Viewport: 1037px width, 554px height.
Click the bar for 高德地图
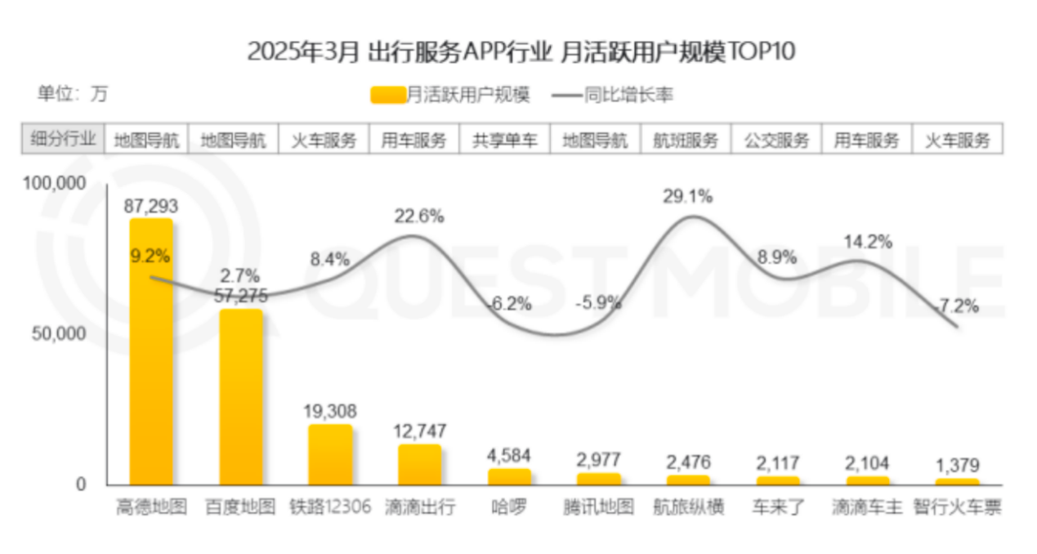[x=151, y=351]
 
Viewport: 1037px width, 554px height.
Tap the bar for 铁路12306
[x=330, y=454]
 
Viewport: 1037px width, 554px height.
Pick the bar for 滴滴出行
[x=420, y=464]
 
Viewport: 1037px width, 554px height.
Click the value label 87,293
[x=151, y=205]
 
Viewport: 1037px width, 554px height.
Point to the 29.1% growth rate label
[x=688, y=196]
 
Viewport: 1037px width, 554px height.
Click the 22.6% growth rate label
[x=420, y=217]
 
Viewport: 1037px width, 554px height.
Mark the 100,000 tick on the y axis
[x=54, y=184]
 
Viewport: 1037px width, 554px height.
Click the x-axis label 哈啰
[x=509, y=507]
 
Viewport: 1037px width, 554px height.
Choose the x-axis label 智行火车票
[x=958, y=507]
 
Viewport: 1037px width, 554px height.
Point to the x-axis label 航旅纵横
[x=688, y=507]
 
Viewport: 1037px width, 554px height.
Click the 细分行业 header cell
[x=63, y=140]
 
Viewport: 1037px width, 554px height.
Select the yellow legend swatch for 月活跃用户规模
[x=388, y=95]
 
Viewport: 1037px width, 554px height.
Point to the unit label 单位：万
[x=72, y=94]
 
